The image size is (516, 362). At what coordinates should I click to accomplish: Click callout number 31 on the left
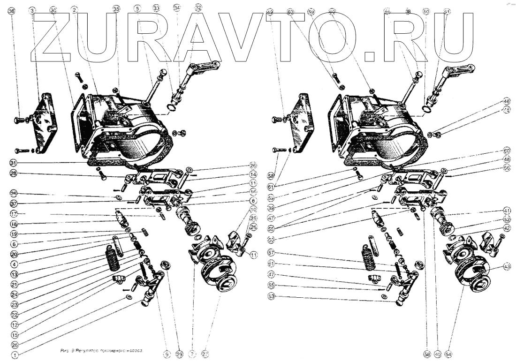(x=14, y=163)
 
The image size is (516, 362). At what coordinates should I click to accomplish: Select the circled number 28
(x=14, y=174)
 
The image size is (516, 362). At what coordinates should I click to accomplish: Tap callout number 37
(x=14, y=204)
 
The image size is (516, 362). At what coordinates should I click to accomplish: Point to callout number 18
(x=14, y=224)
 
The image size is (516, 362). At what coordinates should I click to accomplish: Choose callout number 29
(x=179, y=355)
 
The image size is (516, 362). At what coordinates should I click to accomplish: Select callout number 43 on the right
(x=507, y=266)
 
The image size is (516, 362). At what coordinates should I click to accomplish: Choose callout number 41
(x=507, y=210)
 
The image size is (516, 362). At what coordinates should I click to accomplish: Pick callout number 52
(x=507, y=219)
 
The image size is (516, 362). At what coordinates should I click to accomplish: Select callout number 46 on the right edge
(x=507, y=101)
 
